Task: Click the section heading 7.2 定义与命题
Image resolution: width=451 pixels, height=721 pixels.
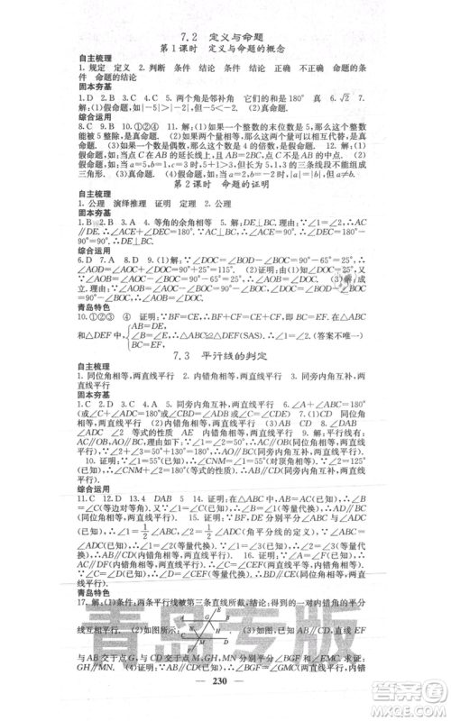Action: (225, 35)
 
